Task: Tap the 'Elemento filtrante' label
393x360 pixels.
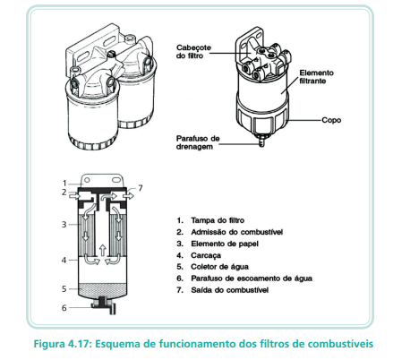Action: tap(316, 77)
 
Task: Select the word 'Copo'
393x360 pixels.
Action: tap(331, 120)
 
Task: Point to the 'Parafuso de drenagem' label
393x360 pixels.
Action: tap(198, 142)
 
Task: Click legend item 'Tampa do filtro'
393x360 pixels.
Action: tap(218, 220)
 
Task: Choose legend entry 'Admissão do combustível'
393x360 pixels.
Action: tap(236, 232)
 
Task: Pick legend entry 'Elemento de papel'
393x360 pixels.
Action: tap(225, 244)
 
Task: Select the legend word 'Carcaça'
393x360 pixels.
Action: tap(206, 255)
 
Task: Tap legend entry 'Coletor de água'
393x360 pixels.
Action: tap(219, 267)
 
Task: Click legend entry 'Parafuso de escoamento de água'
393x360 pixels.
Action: tap(252, 279)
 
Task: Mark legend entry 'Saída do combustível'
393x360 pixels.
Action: tap(230, 290)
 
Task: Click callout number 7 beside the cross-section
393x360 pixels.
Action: tap(141, 188)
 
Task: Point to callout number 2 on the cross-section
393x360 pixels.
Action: tap(64, 192)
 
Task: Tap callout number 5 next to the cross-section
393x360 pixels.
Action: tap(64, 289)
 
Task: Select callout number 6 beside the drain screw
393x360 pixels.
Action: tap(64, 308)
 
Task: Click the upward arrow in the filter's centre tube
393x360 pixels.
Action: tap(102, 250)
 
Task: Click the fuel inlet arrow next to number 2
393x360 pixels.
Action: tap(74, 195)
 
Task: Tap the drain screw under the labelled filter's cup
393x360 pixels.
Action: tap(261, 140)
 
